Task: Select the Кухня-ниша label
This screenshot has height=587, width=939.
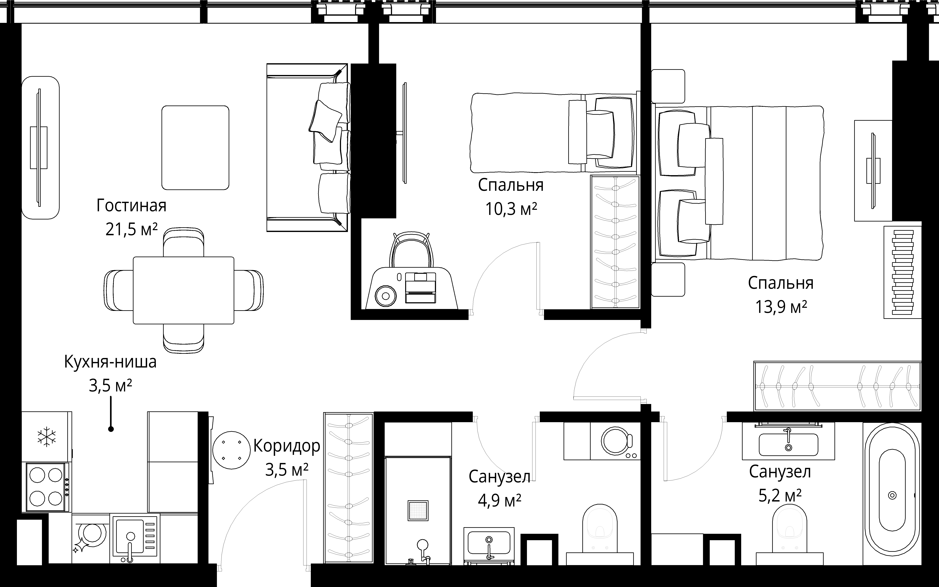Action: click(110, 362)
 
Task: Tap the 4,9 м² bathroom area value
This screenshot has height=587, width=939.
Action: click(499, 501)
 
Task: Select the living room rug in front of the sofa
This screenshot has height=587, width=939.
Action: click(195, 147)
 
